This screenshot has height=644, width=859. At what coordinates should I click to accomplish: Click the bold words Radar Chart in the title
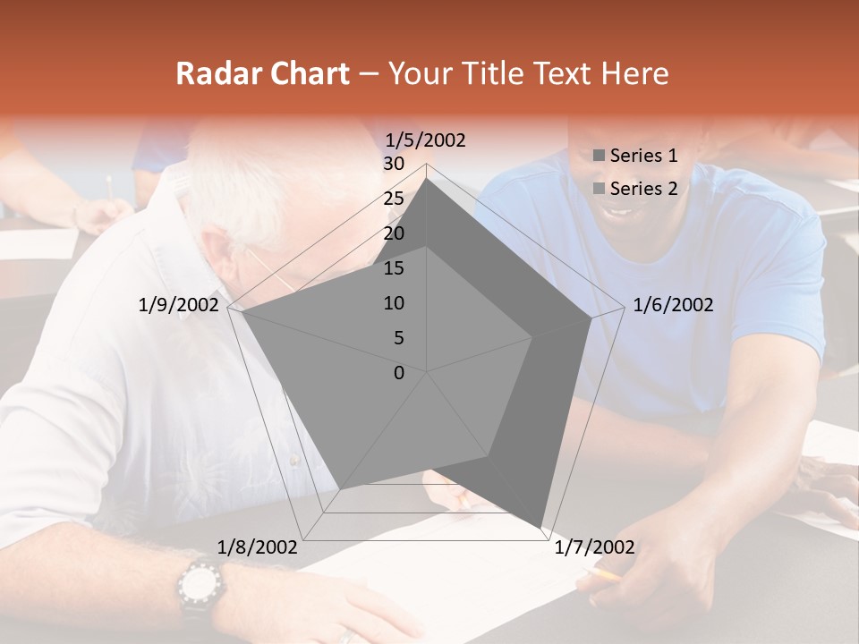[262, 73]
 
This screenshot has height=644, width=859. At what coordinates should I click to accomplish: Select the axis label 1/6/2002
[673, 305]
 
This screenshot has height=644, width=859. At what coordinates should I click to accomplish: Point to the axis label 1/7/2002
[594, 547]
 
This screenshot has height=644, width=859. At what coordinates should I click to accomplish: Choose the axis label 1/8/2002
[258, 547]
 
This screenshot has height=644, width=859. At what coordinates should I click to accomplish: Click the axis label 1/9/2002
[178, 305]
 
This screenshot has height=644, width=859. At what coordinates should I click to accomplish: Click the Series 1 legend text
[643, 156]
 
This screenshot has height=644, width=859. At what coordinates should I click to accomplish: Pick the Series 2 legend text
[643, 189]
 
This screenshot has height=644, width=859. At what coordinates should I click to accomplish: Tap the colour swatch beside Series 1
[600, 157]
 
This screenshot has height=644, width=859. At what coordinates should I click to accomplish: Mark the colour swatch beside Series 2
[600, 190]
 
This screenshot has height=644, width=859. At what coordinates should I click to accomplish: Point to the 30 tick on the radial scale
[393, 164]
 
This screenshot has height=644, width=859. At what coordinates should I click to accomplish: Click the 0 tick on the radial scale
[399, 373]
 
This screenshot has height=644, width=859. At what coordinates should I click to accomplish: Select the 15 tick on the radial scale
[393, 268]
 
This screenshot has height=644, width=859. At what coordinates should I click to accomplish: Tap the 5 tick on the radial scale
[399, 338]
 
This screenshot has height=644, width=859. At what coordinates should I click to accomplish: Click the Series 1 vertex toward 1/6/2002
[591, 318]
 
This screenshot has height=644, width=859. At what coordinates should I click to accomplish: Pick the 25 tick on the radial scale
[393, 199]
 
